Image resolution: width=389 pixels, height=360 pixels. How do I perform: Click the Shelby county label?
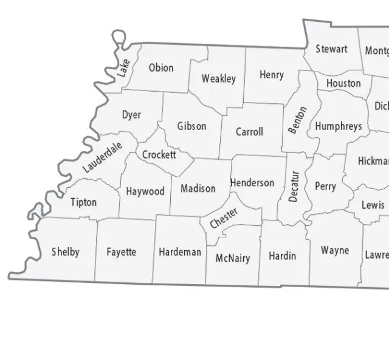(65, 252)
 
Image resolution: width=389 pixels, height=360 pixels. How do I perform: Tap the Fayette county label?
(121, 252)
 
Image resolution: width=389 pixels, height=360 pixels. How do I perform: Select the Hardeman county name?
(180, 252)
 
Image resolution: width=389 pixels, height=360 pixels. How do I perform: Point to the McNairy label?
(233, 258)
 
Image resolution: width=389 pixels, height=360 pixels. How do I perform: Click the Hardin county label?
(283, 256)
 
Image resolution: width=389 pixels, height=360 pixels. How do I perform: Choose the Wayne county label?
(335, 250)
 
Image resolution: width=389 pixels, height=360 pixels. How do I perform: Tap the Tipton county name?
(83, 202)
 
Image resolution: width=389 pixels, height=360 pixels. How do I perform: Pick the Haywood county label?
(145, 191)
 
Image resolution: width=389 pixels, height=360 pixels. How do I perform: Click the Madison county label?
(198, 188)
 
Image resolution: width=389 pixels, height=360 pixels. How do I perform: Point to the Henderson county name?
(252, 183)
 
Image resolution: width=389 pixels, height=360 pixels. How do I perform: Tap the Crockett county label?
(159, 155)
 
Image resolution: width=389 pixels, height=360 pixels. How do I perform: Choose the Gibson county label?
(191, 126)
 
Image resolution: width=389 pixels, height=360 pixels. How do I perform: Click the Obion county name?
(161, 68)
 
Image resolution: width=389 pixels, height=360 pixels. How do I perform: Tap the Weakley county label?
(219, 79)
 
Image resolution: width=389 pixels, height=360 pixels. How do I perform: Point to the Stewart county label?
(331, 49)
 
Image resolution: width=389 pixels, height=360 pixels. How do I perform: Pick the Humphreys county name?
(339, 126)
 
